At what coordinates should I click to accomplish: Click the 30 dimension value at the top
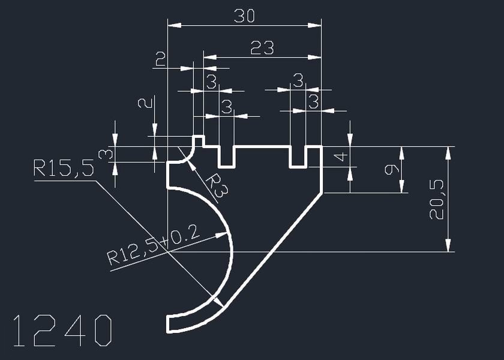[244, 16]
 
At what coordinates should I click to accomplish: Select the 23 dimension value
[262, 47]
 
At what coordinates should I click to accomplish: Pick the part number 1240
[62, 331]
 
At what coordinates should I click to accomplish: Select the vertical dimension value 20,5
[437, 200]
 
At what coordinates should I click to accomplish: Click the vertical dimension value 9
[392, 170]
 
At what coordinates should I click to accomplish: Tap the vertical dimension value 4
[340, 157]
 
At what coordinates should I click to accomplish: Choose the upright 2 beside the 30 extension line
[160, 59]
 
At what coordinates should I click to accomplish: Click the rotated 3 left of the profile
[105, 154]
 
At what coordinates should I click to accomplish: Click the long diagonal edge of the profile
[273, 248]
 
